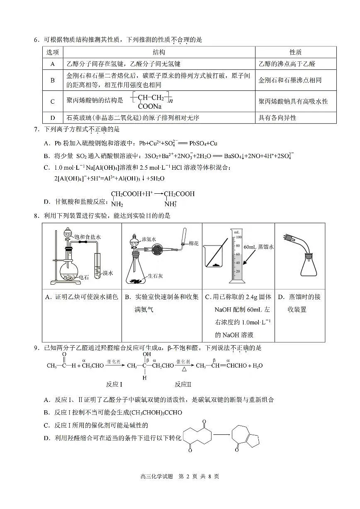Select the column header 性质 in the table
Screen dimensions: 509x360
click(x=295, y=52)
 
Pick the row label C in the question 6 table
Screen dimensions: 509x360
click(x=53, y=102)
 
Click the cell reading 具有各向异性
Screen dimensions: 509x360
click(x=277, y=118)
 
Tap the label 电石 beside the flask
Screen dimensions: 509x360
click(x=84, y=277)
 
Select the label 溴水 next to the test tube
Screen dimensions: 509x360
click(x=107, y=273)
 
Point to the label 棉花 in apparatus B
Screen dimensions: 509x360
click(x=194, y=243)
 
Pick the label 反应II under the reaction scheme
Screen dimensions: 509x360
click(x=183, y=384)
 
